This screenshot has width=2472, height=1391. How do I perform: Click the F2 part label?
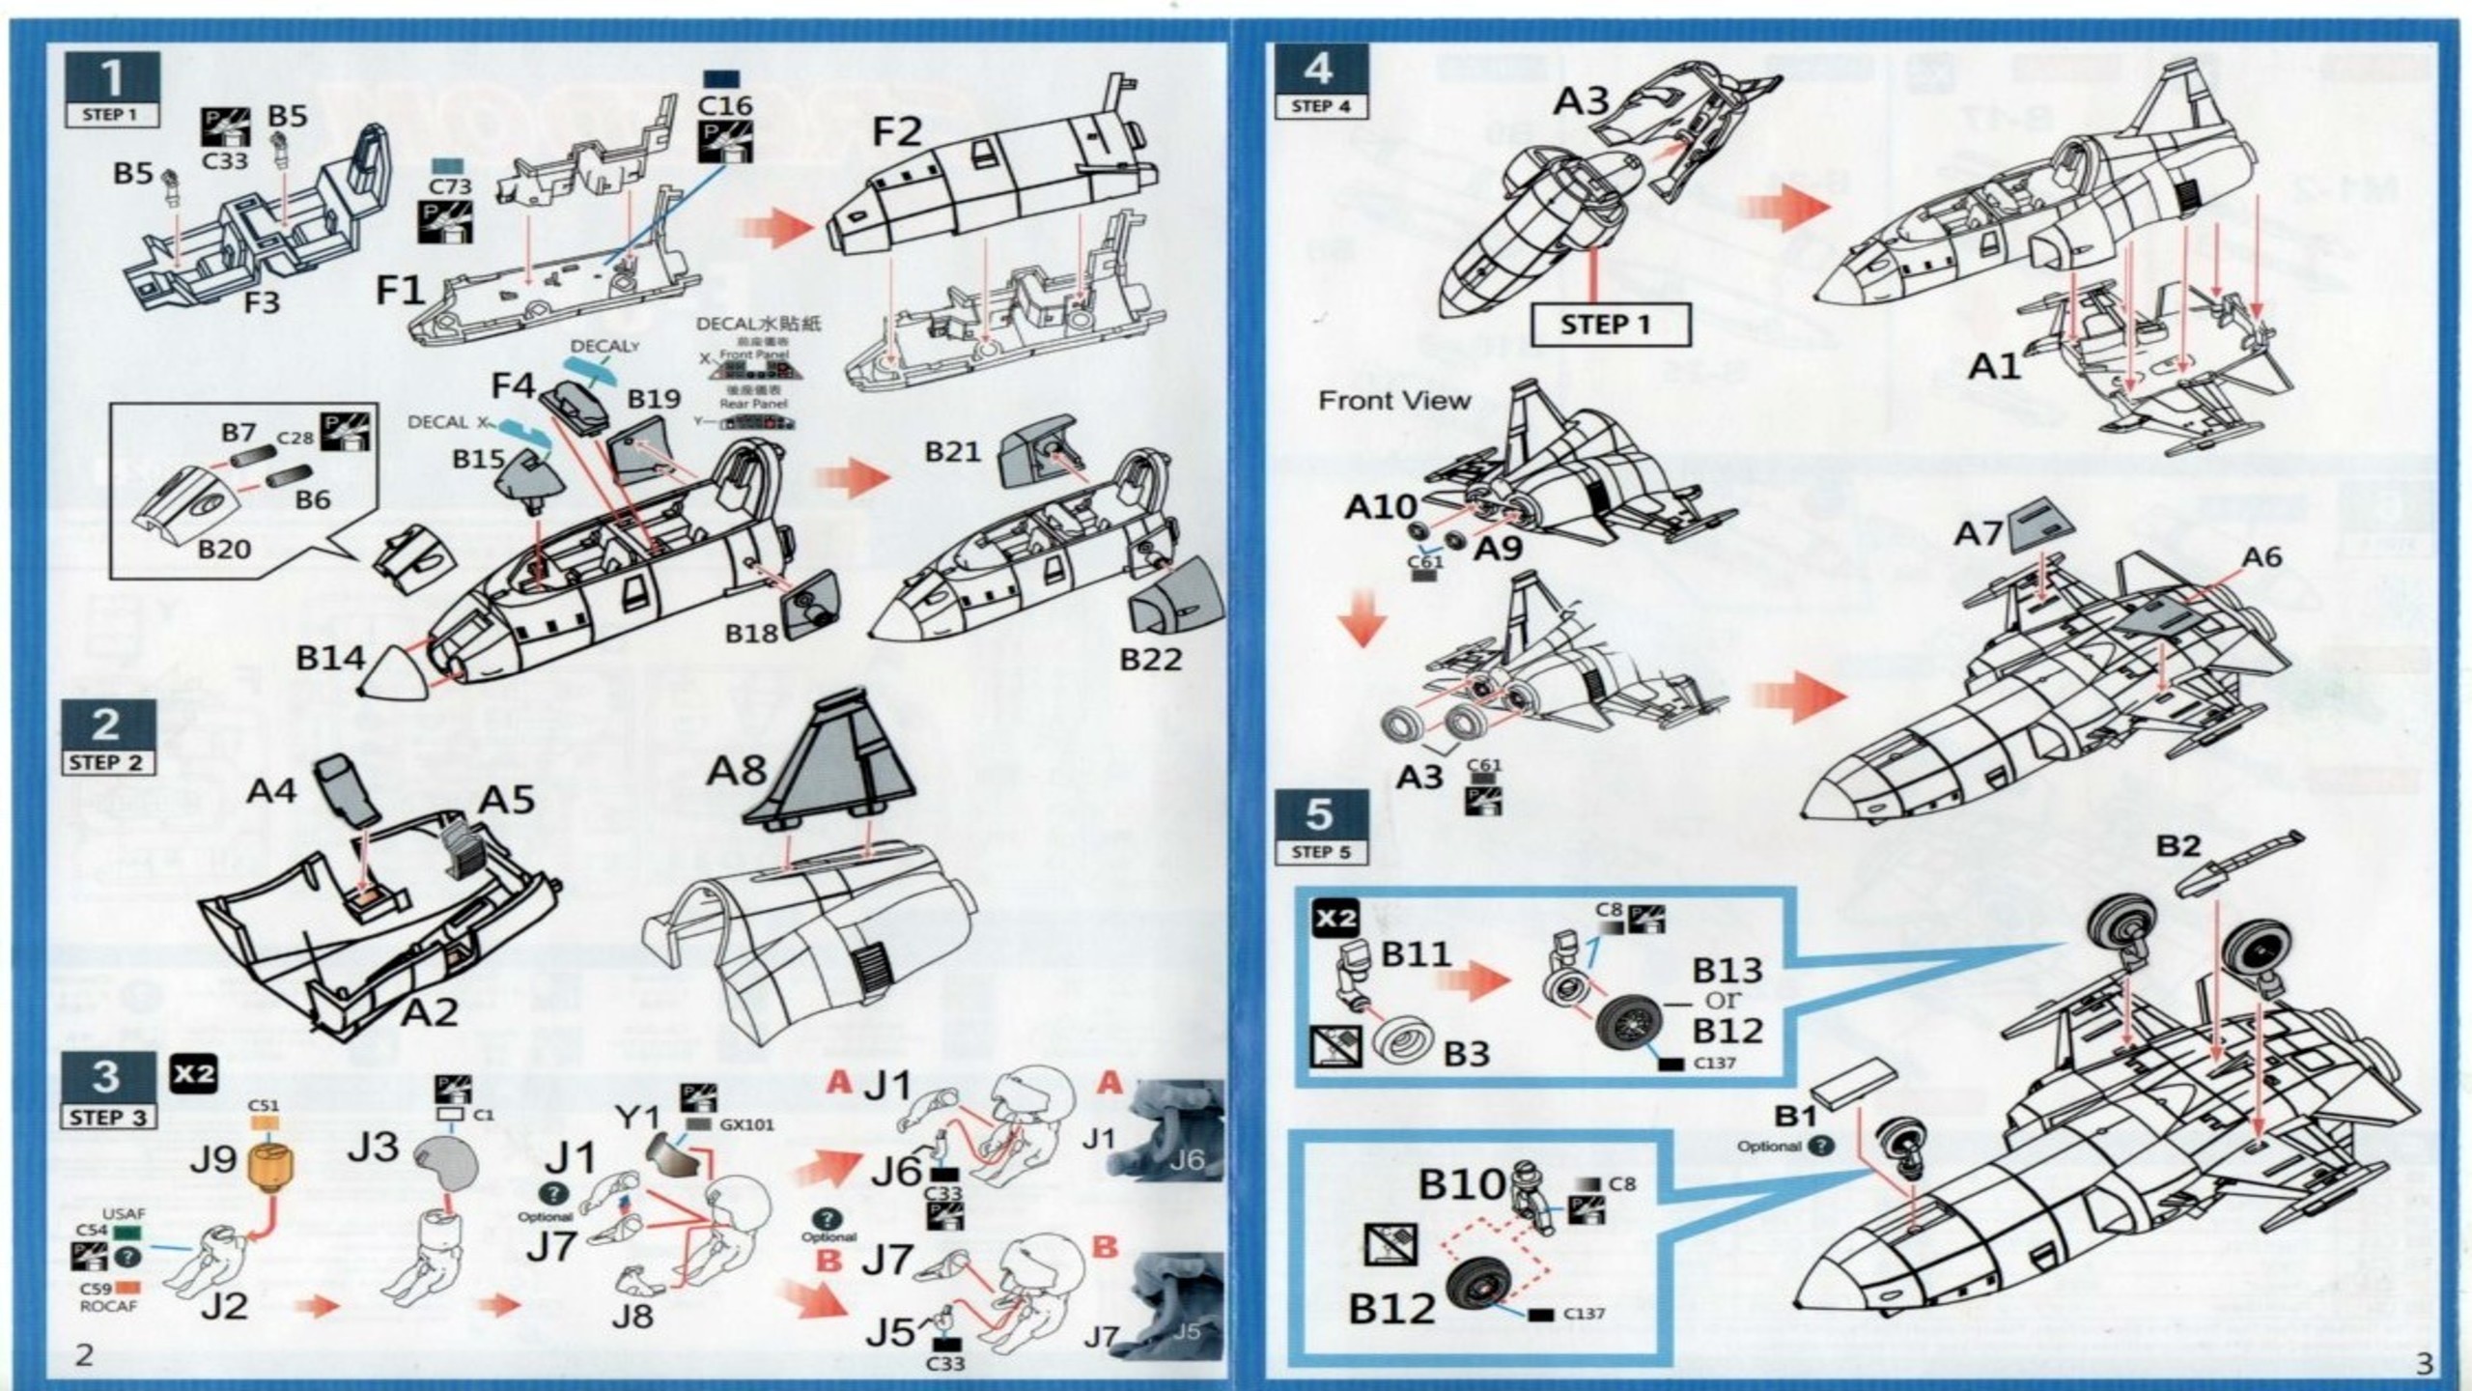pyautogui.click(x=897, y=131)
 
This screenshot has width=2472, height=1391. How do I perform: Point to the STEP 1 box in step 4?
pyautogui.click(x=1611, y=325)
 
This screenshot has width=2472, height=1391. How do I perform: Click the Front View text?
pyautogui.click(x=1394, y=400)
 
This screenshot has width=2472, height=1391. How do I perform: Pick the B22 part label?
pyautogui.click(x=1150, y=659)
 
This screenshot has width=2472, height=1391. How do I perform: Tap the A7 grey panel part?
pyautogui.click(x=2043, y=526)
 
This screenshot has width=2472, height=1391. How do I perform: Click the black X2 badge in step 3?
pyautogui.click(x=193, y=1073)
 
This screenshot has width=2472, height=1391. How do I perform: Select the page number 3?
pyautogui.click(x=2425, y=1363)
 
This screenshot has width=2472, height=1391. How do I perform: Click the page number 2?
pyautogui.click(x=85, y=1354)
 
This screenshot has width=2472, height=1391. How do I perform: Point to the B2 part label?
pyautogui.click(x=2178, y=846)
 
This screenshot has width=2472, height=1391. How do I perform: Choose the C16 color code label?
pyautogui.click(x=724, y=105)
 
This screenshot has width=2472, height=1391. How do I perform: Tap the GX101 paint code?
pyautogui.click(x=746, y=1124)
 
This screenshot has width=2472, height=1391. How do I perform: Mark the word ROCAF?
pyautogui.click(x=108, y=1306)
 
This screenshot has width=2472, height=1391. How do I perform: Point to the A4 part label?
pyautogui.click(x=271, y=791)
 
